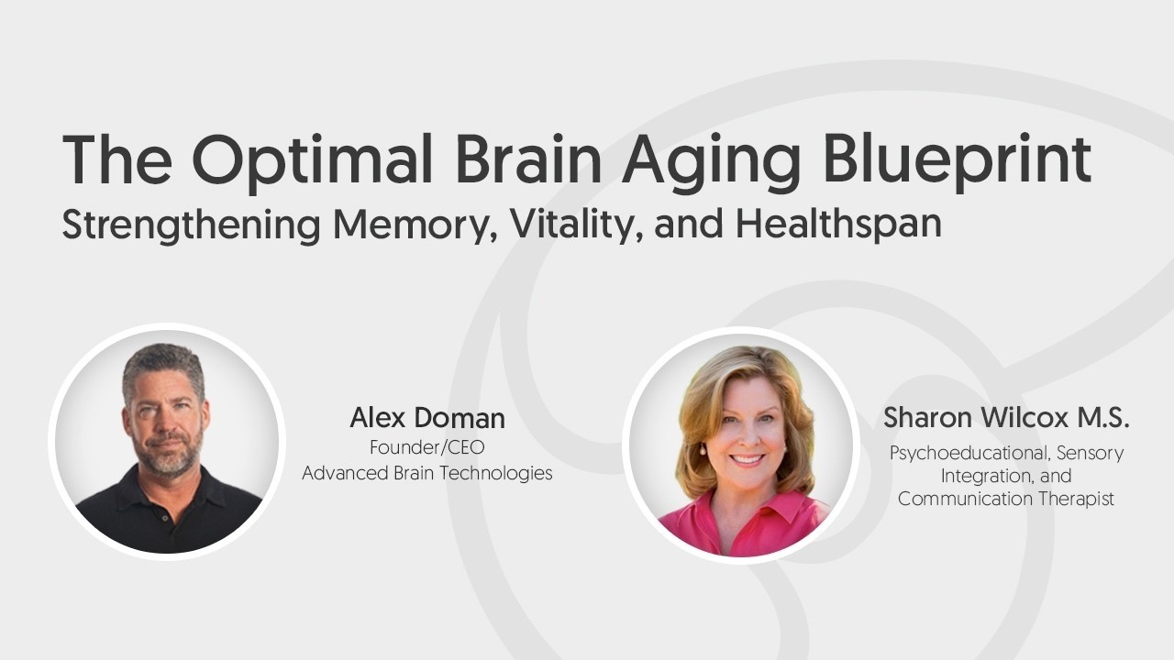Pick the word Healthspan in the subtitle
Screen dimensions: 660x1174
(x=838, y=224)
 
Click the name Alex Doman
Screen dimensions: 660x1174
(x=426, y=419)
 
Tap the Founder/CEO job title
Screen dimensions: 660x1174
(x=426, y=448)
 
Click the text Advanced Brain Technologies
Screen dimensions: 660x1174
(x=426, y=473)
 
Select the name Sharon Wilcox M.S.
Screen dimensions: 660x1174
(x=1006, y=419)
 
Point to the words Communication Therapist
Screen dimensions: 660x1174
(x=1006, y=500)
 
